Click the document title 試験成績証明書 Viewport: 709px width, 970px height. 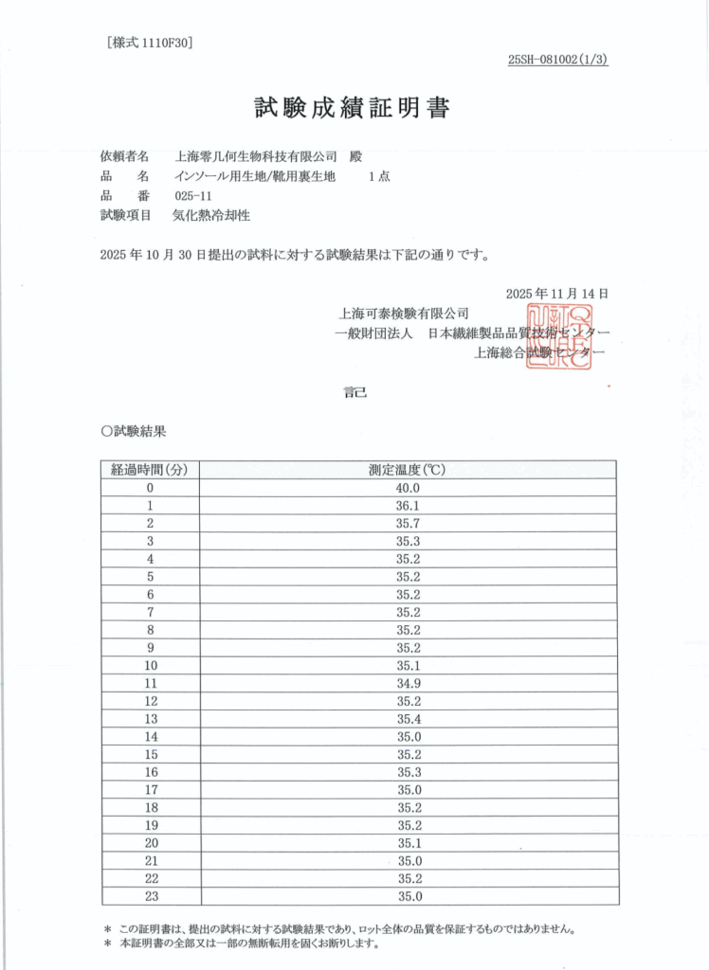coord(352,108)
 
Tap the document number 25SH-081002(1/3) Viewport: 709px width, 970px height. coord(557,60)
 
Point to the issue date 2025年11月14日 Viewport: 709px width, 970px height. coord(556,294)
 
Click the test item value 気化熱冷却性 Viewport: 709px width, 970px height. coord(210,216)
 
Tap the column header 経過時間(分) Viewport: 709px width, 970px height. coord(150,470)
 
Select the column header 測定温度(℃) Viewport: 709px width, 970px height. coord(408,470)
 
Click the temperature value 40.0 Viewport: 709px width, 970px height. coord(408,488)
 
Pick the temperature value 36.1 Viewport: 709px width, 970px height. coord(408,506)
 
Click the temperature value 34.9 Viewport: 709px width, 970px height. coord(408,682)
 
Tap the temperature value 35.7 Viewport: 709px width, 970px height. coord(408,523)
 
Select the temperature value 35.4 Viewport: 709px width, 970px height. coord(408,717)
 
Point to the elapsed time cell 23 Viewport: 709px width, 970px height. coord(150,896)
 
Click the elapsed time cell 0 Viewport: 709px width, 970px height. coord(150,488)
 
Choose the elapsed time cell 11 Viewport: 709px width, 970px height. coord(150,682)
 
